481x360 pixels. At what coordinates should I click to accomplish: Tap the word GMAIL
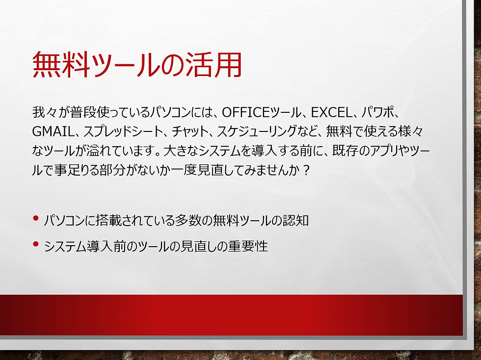tap(51, 131)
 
